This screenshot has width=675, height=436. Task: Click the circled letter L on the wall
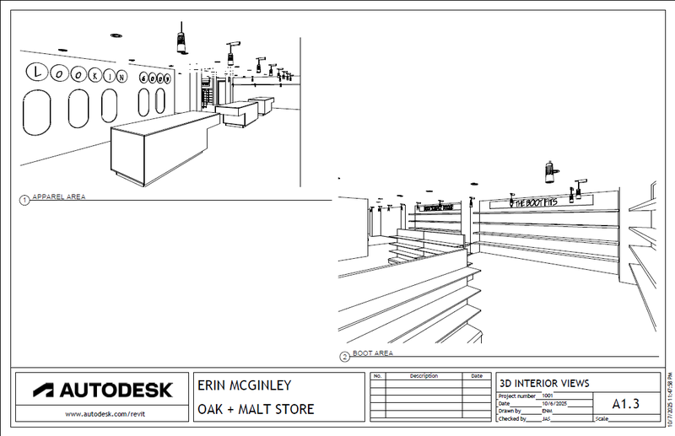click(x=37, y=73)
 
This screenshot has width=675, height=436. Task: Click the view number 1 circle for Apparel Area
click(x=24, y=200)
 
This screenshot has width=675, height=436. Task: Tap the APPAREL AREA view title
click(x=58, y=197)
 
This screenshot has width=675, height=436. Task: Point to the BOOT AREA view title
click(x=372, y=353)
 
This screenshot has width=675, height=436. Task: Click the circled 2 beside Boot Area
click(x=344, y=357)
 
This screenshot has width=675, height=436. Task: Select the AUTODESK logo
click(x=103, y=390)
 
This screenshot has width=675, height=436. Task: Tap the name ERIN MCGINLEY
click(x=244, y=385)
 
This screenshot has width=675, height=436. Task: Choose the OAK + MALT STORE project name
click(x=256, y=410)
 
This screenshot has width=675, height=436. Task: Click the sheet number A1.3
click(x=625, y=404)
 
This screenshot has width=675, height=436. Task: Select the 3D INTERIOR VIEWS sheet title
click(x=544, y=382)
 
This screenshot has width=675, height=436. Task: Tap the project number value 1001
click(x=549, y=395)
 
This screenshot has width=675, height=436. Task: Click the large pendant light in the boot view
click(x=550, y=171)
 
